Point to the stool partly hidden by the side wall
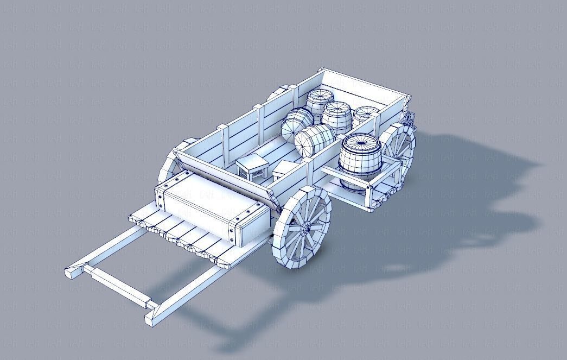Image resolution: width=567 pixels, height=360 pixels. click(283, 169)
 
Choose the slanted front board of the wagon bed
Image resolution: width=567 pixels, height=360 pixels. click(228, 173)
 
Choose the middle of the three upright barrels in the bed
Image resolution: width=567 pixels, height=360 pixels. click(337, 116)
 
